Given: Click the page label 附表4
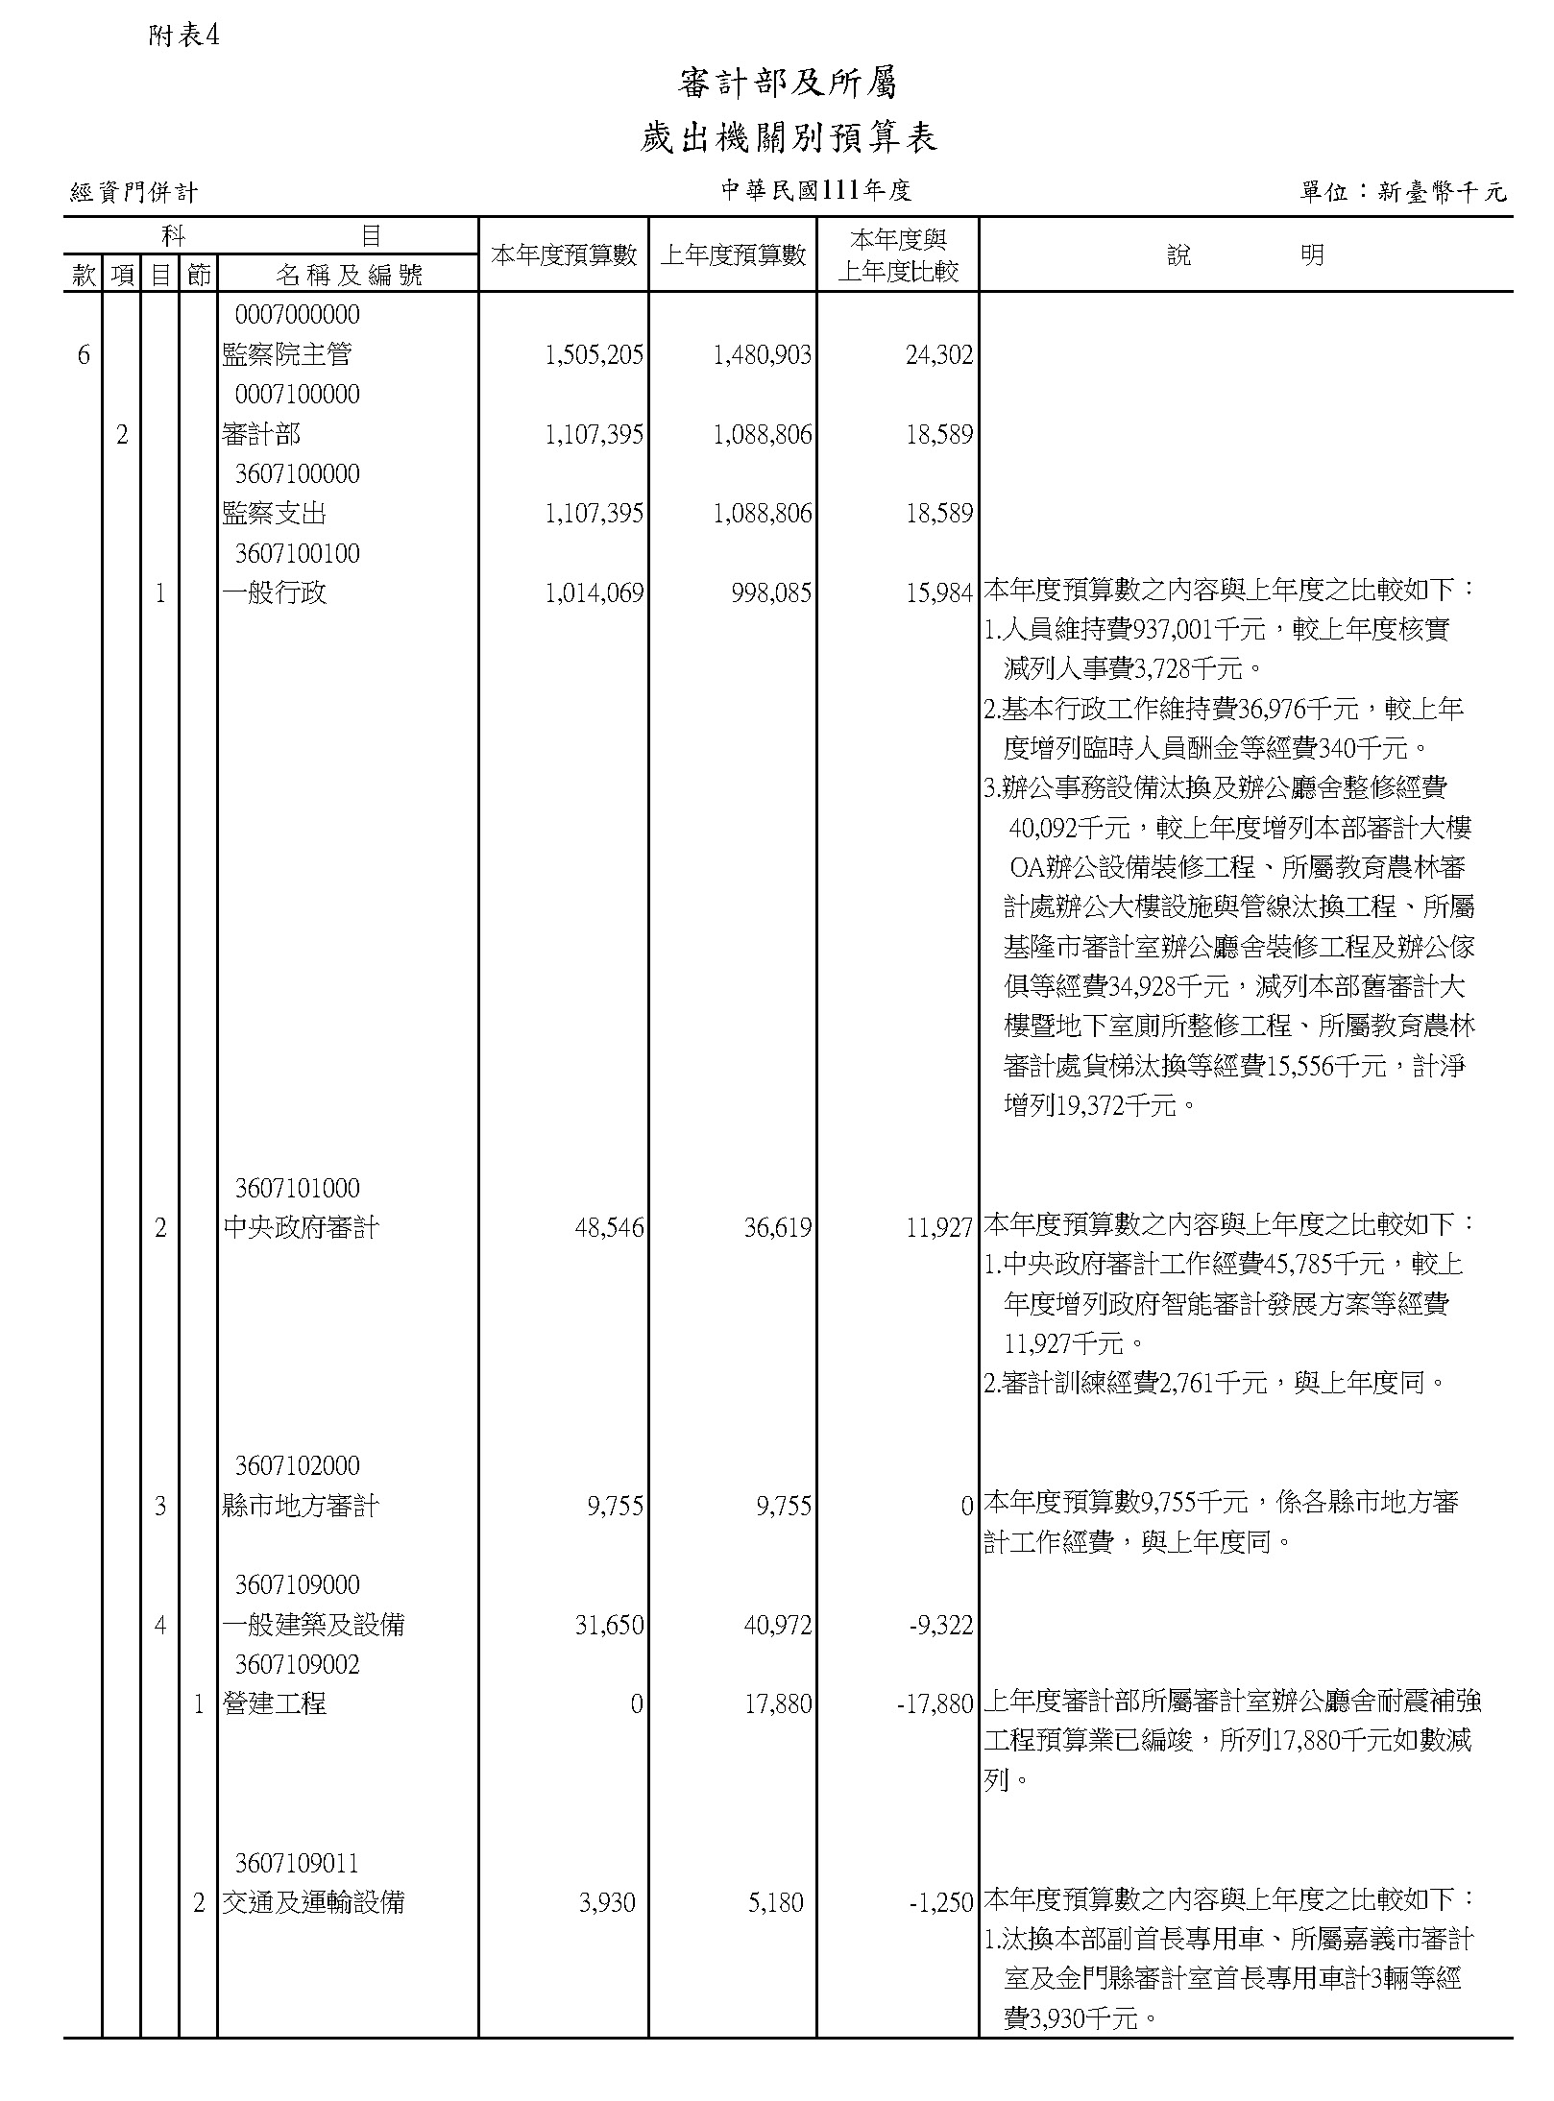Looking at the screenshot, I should coord(184,36).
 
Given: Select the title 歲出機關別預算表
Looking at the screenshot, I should coord(788,139).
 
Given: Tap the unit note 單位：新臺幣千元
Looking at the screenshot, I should coord(1402,192).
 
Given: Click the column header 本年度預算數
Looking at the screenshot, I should coord(564,255).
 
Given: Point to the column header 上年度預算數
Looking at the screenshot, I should coord(733,255).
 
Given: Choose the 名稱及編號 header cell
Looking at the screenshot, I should coord(349,276).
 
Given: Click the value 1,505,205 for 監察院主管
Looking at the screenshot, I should coord(594,356).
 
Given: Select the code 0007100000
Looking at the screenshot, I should coord(298,395).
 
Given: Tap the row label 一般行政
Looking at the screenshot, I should coord(275,593).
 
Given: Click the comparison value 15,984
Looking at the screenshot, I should coord(939,594).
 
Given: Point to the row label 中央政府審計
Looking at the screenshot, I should coord(301,1228).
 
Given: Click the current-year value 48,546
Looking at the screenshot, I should coord(609,1228).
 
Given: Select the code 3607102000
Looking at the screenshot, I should coord(298,1466).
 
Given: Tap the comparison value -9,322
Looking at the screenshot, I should coord(940,1626).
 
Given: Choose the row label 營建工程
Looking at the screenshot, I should coord(275,1704).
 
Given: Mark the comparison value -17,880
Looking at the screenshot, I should coord(935,1705).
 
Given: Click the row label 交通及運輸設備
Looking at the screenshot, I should coord(313,1902).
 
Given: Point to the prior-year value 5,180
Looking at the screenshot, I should coord(775,1902).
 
